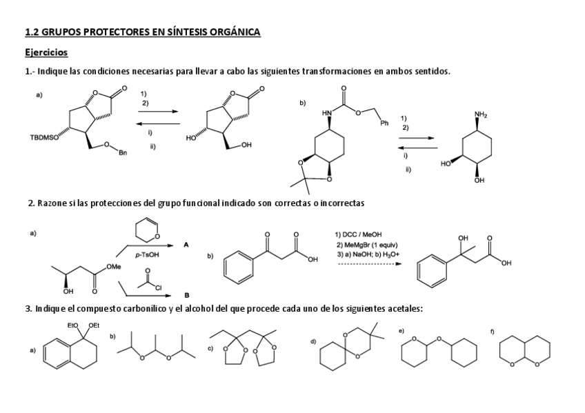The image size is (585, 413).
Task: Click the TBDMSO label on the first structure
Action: [45, 137]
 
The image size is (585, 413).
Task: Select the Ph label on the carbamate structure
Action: [384, 123]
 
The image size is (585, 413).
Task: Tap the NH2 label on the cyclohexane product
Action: [480, 114]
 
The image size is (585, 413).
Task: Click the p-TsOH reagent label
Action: [144, 254]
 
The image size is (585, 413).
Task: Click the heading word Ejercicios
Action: [46, 52]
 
